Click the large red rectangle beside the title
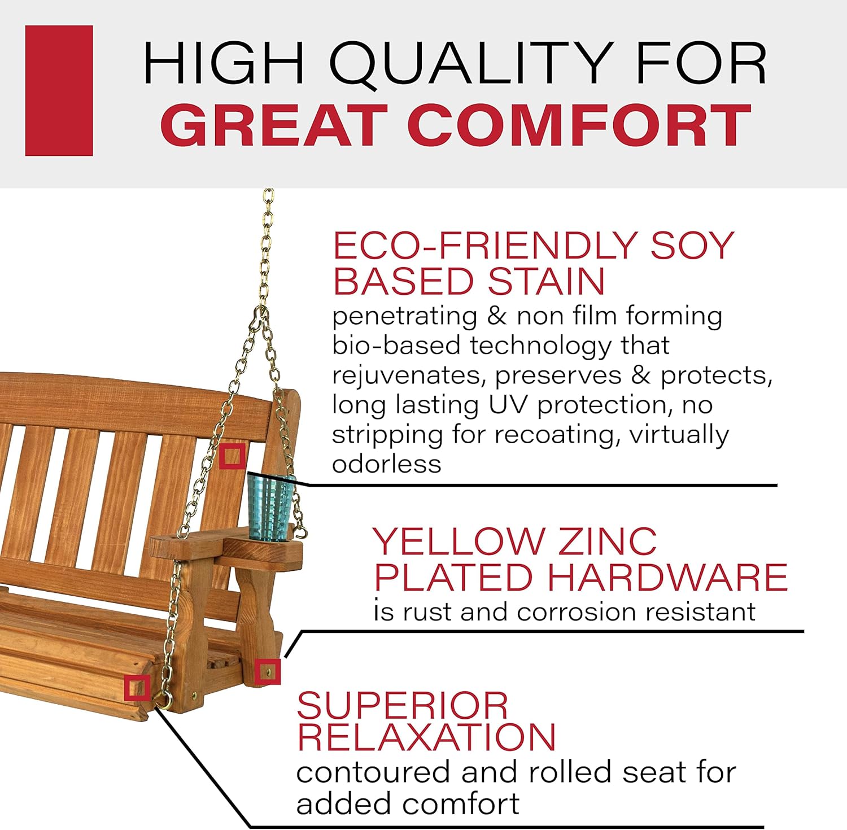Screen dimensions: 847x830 (59, 90)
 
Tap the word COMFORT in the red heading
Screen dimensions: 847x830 (579, 125)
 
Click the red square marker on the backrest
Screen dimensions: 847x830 (232, 456)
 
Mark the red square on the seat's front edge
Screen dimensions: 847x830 (137, 687)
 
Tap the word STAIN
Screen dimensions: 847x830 (546, 281)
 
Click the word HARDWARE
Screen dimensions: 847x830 (667, 577)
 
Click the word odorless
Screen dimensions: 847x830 (387, 464)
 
